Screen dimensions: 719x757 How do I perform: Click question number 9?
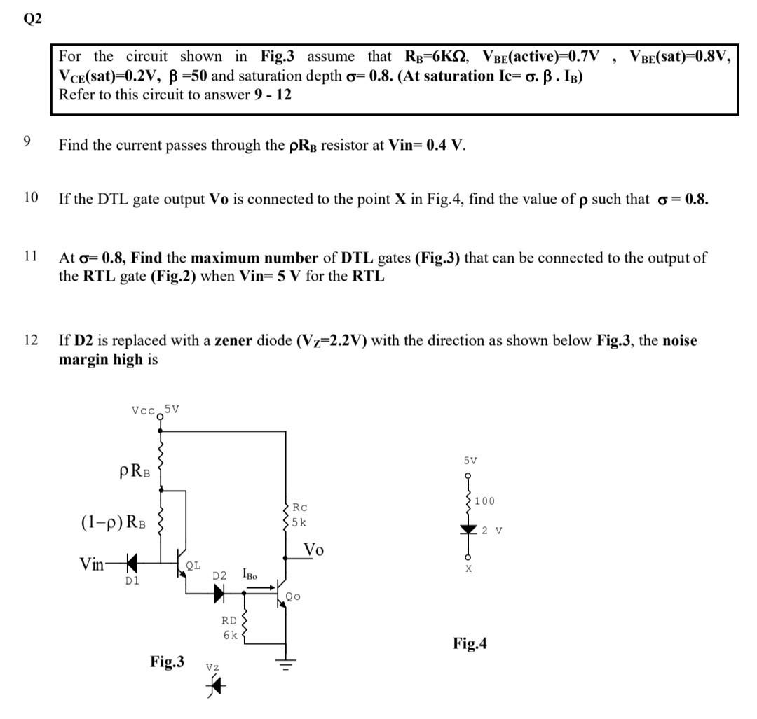(x=27, y=141)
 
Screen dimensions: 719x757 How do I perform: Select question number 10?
(x=31, y=197)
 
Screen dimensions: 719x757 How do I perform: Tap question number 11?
(x=30, y=256)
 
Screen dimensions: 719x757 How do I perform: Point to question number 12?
(x=30, y=340)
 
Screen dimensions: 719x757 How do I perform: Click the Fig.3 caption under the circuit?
(x=168, y=661)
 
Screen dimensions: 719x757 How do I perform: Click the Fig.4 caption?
(x=470, y=643)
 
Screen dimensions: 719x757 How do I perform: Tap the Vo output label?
(x=314, y=550)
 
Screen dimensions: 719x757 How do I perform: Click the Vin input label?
(x=93, y=564)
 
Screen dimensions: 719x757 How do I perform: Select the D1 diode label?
(x=131, y=580)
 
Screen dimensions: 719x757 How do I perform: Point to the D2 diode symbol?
(x=219, y=593)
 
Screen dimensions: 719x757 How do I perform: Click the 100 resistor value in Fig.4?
(x=484, y=501)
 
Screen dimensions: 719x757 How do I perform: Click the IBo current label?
(x=250, y=575)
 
